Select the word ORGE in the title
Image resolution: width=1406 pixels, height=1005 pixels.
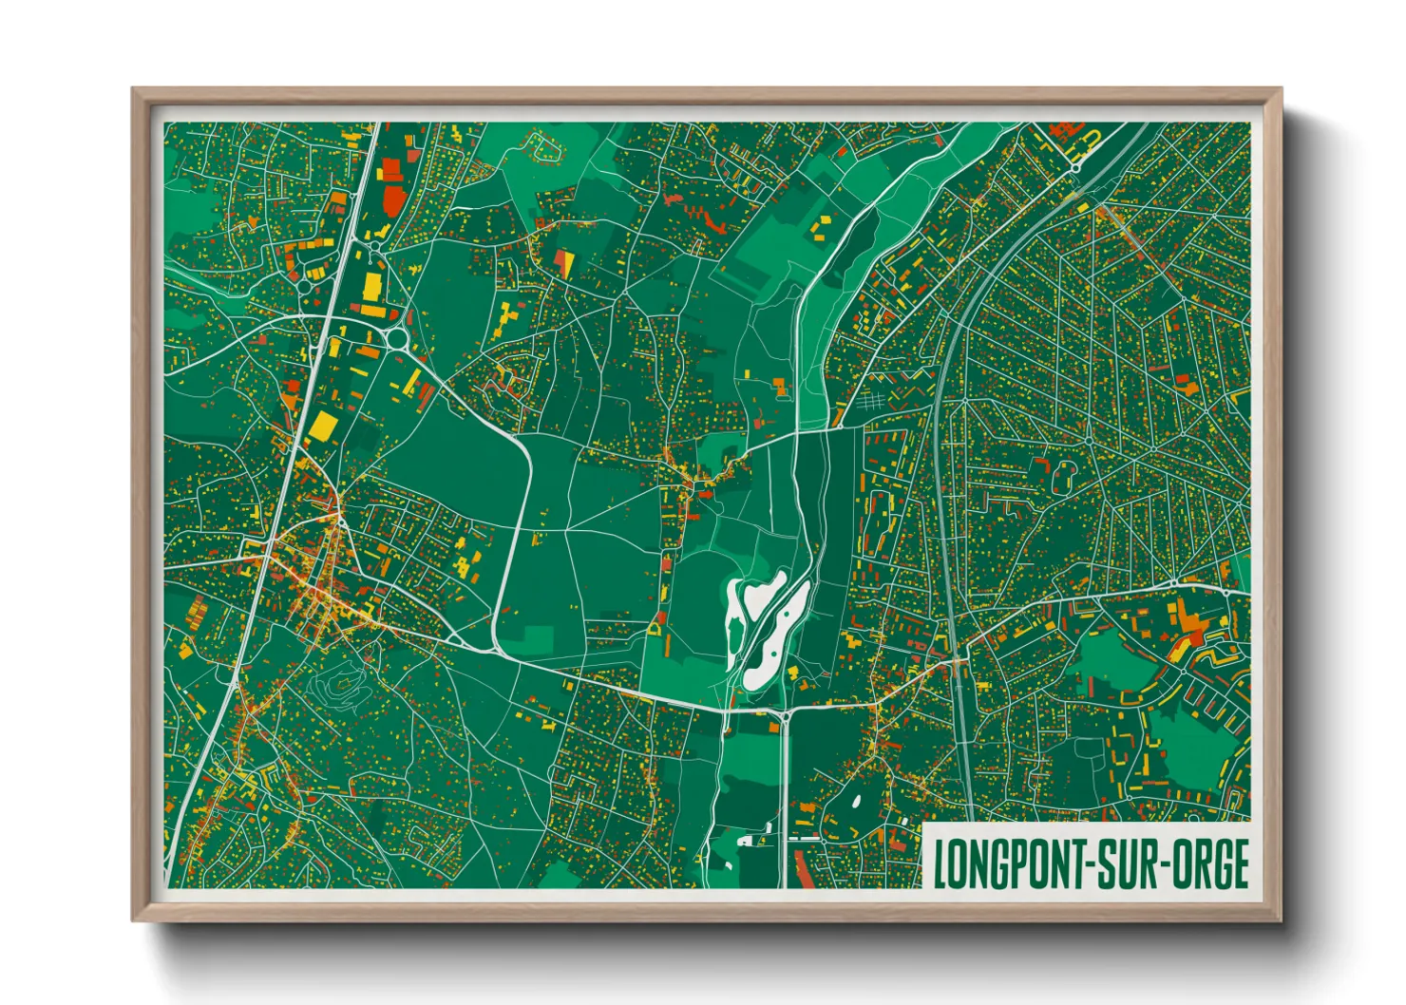1212,864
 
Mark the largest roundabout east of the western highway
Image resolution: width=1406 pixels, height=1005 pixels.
396,337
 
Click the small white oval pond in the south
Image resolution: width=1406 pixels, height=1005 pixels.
856,800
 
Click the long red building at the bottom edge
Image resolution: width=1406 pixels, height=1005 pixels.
803,870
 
